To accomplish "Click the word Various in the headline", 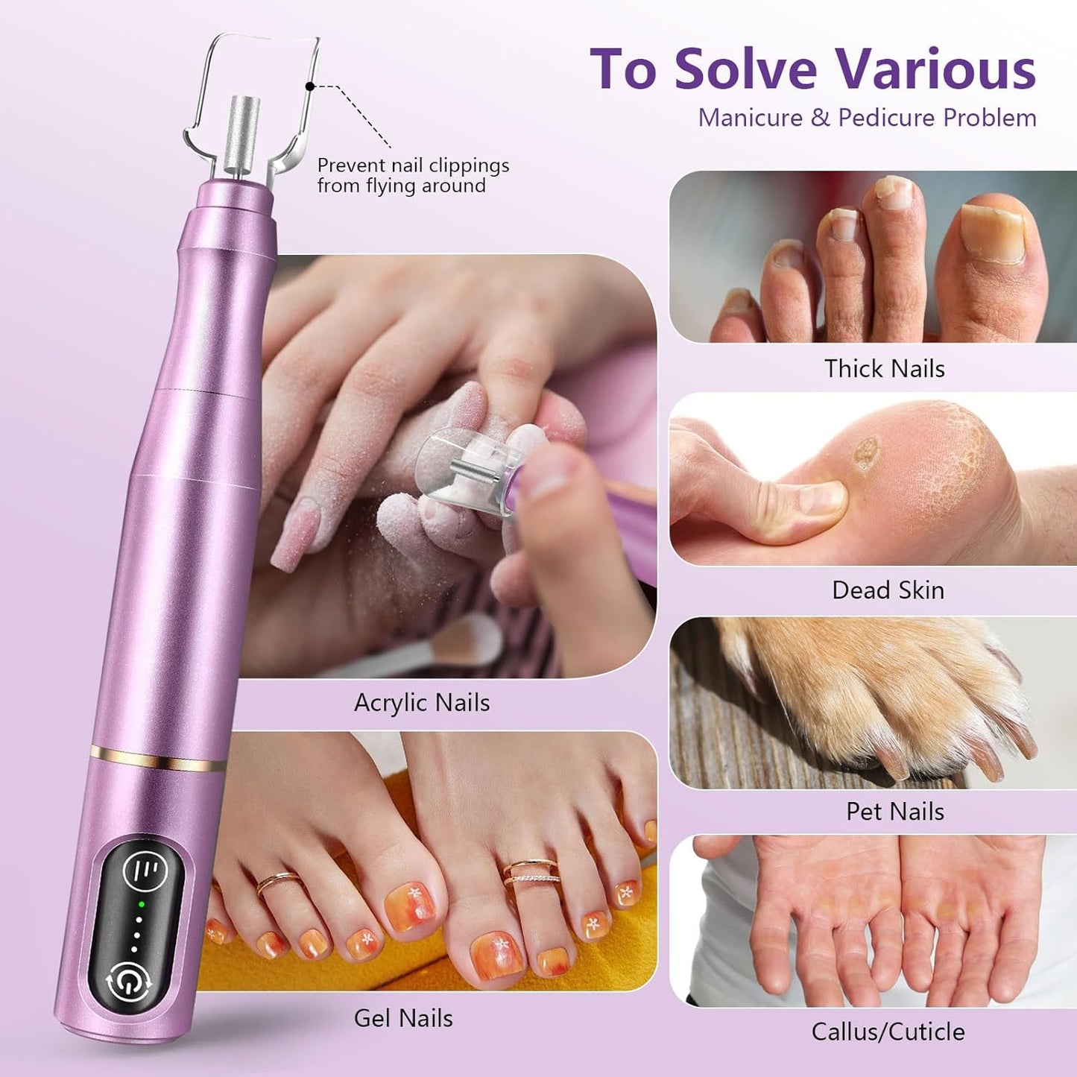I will click(x=935, y=69).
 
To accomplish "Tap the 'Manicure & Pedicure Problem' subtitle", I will click(x=867, y=118).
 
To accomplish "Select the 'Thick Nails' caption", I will click(x=884, y=368).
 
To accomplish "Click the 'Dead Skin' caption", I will click(x=888, y=590).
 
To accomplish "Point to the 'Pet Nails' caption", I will click(x=894, y=811).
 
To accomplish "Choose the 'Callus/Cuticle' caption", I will click(x=888, y=1032).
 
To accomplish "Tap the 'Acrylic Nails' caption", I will click(x=422, y=702).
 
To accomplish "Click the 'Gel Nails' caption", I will click(x=403, y=1018).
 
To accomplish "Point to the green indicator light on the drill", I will click(x=139, y=905).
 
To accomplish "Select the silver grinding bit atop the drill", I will click(x=244, y=134).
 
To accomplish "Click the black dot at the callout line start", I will click(x=310, y=86).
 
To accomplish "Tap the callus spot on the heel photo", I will click(x=865, y=454).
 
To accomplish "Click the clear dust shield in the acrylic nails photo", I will click(x=462, y=470).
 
